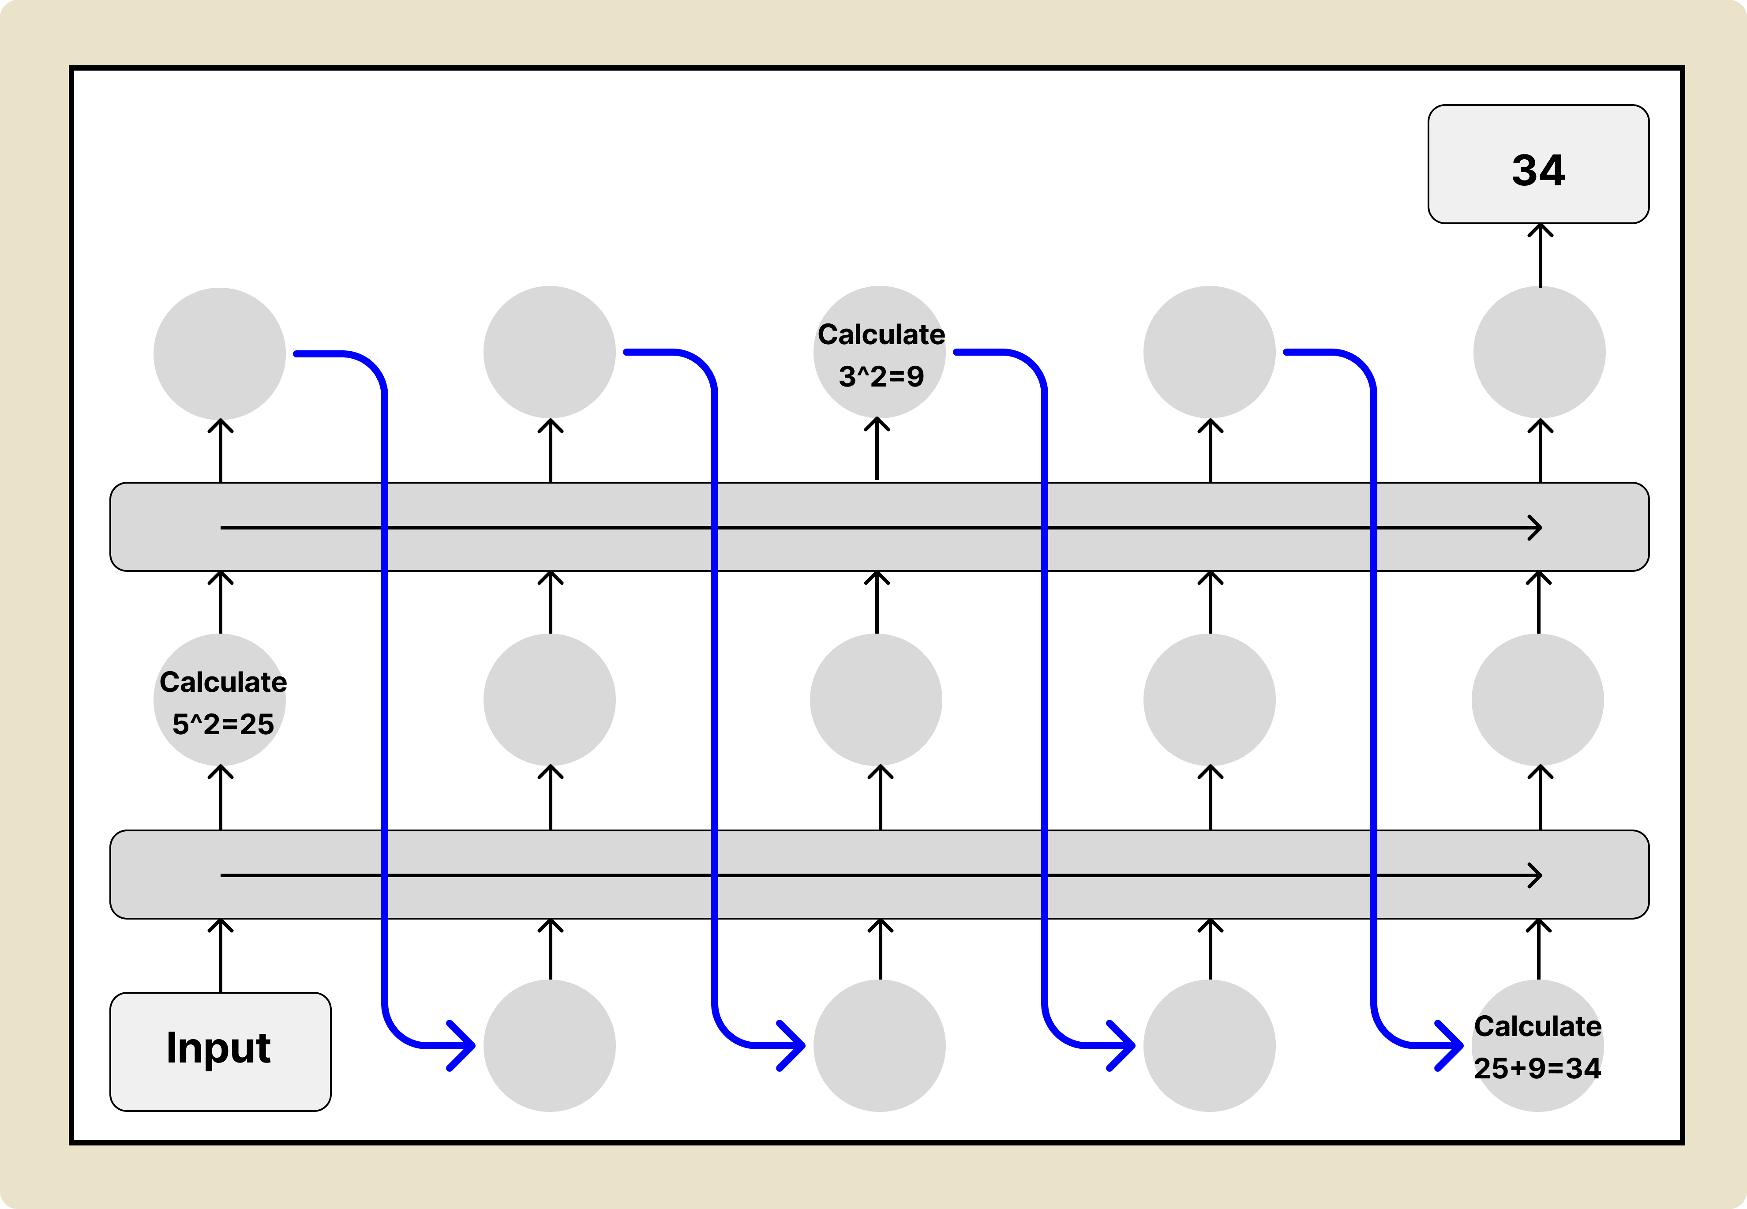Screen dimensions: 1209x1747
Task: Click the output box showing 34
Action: tap(1538, 164)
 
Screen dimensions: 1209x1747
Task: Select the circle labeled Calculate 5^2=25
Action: tap(220, 699)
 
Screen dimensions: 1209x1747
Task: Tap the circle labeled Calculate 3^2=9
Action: tap(879, 352)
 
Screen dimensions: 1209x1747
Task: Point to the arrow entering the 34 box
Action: tap(1540, 254)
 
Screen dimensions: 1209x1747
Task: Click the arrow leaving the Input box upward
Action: tap(221, 954)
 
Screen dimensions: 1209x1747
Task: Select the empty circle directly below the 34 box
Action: tap(1539, 352)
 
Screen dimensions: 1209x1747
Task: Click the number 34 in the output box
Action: tap(1538, 170)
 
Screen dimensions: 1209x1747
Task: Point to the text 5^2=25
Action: tap(223, 724)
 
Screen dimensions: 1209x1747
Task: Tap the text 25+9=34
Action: tap(1537, 1068)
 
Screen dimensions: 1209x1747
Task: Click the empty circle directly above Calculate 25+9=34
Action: tap(1537, 699)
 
